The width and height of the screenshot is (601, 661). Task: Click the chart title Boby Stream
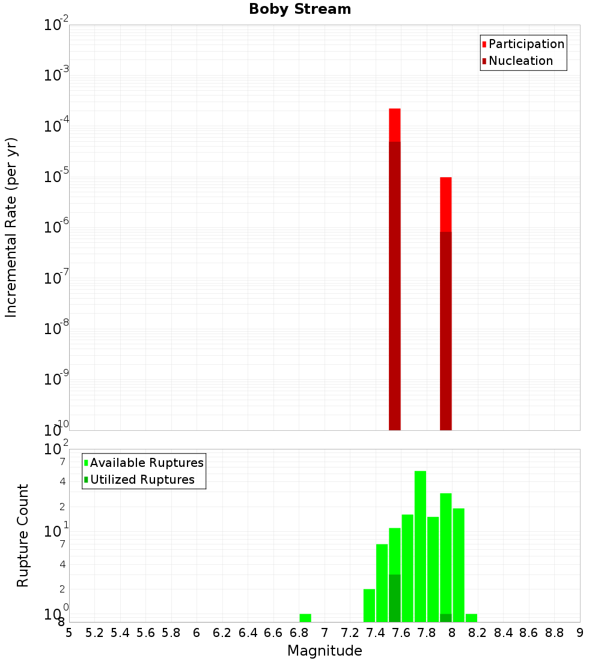click(300, 9)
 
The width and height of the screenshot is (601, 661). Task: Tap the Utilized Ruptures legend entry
click(142, 480)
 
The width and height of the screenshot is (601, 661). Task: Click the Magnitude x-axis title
click(325, 651)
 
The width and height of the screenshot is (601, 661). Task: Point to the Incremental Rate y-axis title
click(11, 227)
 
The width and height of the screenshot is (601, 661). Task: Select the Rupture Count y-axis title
click(23, 535)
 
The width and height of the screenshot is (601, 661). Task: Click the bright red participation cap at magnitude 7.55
click(395, 124)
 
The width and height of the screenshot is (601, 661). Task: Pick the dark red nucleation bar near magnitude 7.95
click(446, 330)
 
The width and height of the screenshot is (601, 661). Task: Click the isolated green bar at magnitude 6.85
click(305, 618)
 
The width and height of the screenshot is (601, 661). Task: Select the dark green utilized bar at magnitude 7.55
click(395, 598)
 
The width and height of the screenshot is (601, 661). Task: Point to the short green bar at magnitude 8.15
click(471, 618)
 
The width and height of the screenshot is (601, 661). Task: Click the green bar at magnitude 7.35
click(369, 605)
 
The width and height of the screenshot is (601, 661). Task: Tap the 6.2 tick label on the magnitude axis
click(222, 633)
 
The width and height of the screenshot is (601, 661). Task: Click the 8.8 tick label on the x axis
click(554, 633)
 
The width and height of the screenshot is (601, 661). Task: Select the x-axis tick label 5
click(69, 633)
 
